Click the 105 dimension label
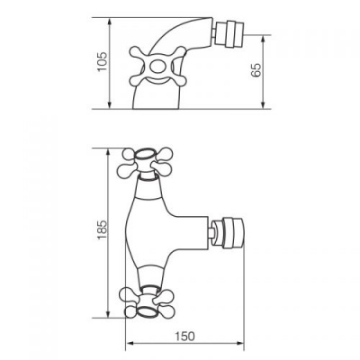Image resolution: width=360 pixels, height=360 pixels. tap(103, 61)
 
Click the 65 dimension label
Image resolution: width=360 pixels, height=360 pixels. tap(256, 70)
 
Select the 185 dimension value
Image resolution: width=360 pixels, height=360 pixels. tap(102, 229)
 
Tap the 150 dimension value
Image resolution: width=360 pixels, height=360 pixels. tap(184, 337)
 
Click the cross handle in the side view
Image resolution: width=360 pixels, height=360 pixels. tap(158, 67)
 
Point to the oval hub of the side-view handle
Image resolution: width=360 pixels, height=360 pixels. tap(157, 67)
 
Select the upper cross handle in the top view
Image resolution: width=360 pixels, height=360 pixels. tap(146, 162)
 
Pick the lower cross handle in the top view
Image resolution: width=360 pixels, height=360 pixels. tap(147, 302)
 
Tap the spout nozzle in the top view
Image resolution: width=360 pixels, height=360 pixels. tap(227, 233)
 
